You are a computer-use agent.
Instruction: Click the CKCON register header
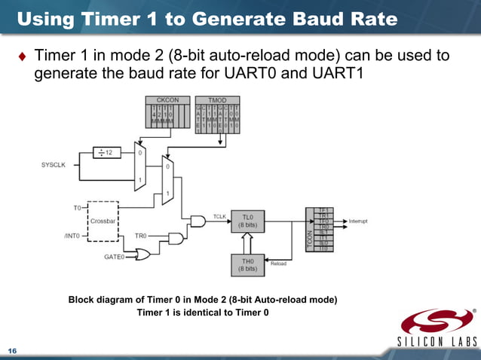[x=167, y=100]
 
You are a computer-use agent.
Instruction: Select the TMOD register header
[x=217, y=100]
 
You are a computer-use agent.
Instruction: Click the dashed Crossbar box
[x=102, y=221]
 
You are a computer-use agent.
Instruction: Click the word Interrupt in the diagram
[x=359, y=221]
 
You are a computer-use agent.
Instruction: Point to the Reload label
[x=279, y=264]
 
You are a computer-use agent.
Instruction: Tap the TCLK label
[x=220, y=216]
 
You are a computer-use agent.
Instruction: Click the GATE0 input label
[x=114, y=256]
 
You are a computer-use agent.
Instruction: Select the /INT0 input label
[x=71, y=236]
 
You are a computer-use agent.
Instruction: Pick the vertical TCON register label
[x=309, y=239]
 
